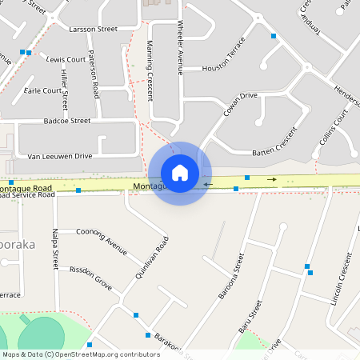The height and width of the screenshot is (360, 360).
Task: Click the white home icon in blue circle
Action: [x=180, y=173]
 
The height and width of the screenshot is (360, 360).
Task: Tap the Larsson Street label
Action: [x=94, y=29]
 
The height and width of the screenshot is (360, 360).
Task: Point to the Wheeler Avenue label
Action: [x=182, y=48]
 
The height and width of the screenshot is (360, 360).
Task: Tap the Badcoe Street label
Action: [x=68, y=121]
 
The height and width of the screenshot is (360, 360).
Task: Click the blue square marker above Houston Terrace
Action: [x=273, y=37]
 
